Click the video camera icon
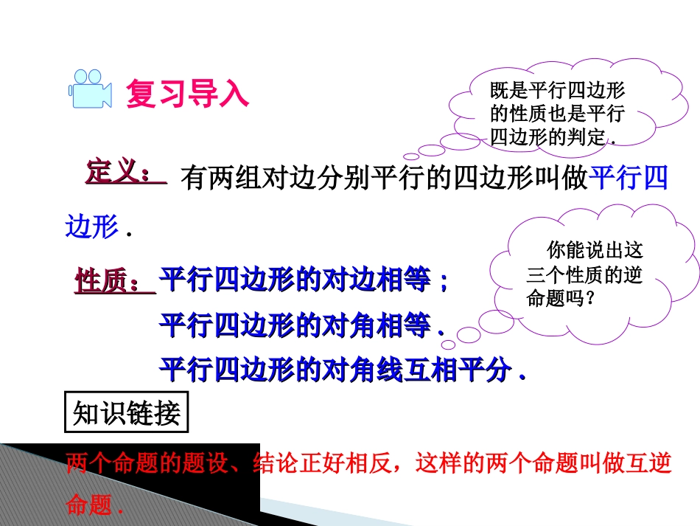(90, 89)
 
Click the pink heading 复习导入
(187, 94)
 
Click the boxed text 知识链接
(127, 414)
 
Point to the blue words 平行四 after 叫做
(629, 180)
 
